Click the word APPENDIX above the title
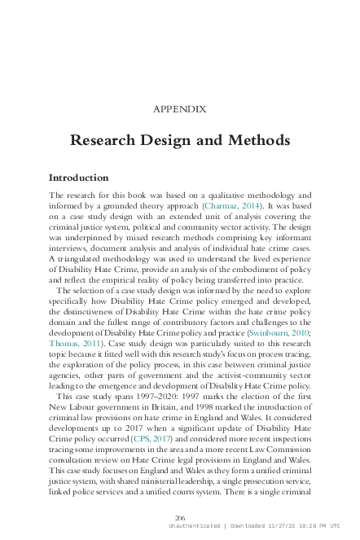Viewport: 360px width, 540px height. click(x=179, y=108)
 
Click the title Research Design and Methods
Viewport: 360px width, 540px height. click(x=179, y=140)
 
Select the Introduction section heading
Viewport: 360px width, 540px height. click(x=78, y=178)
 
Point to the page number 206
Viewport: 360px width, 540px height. click(x=180, y=518)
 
